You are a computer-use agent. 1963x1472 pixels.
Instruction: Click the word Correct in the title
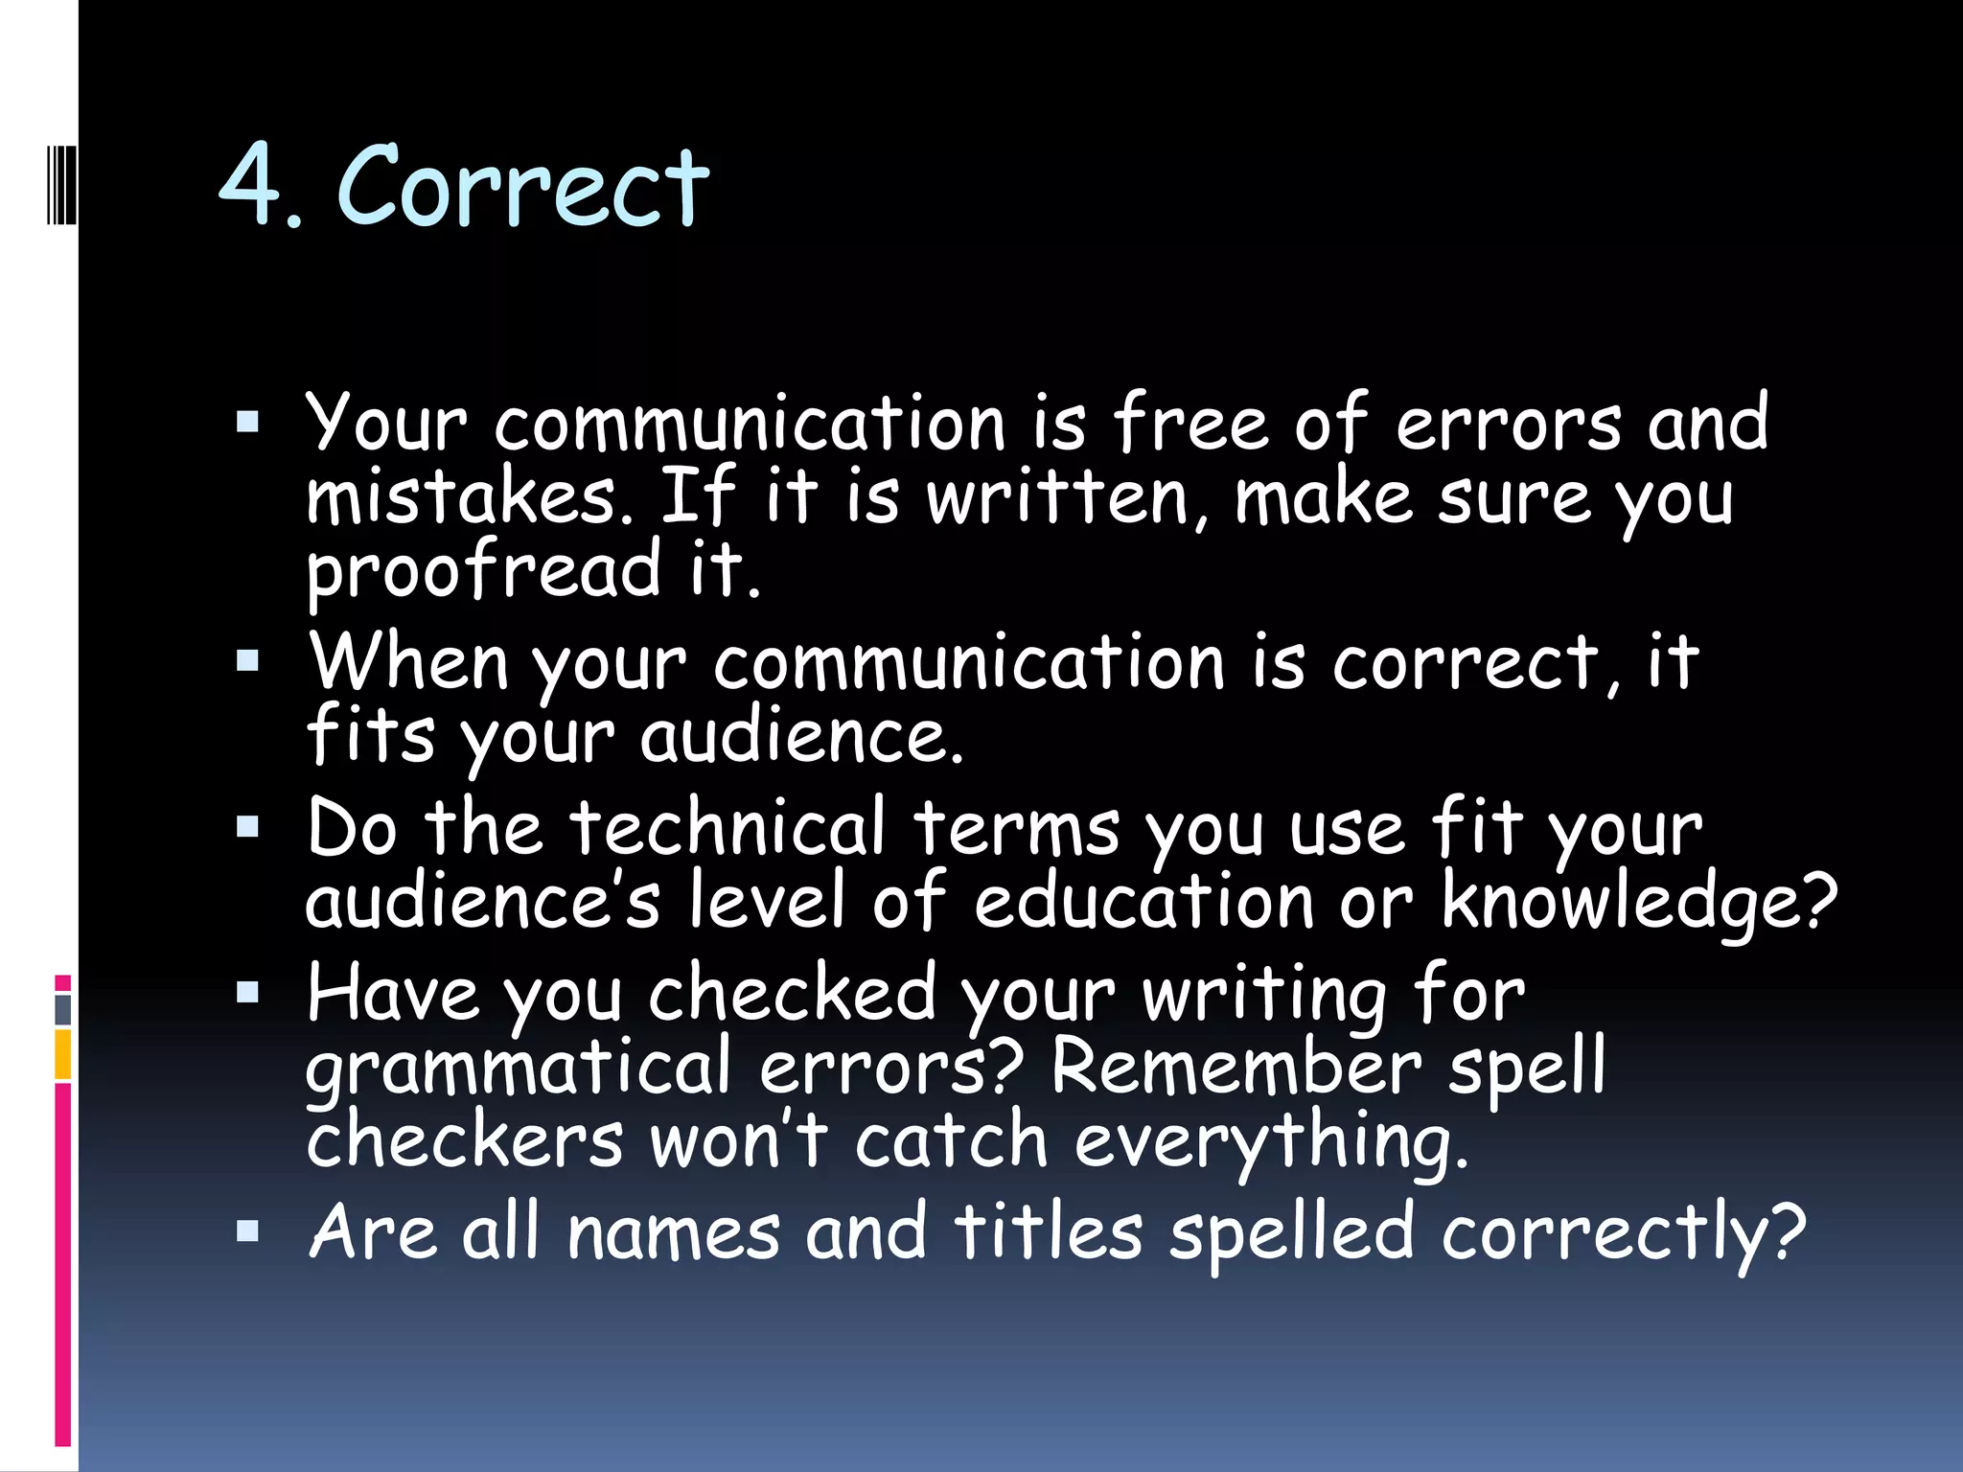523,186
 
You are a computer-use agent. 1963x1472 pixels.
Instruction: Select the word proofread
484,571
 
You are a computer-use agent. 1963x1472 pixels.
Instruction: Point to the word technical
727,828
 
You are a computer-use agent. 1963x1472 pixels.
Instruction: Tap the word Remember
1236,1068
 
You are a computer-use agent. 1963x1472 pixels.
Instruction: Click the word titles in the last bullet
1049,1232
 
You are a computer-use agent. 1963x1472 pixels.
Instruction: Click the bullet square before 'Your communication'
247,423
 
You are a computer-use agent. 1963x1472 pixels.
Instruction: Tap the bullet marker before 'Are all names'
247,1230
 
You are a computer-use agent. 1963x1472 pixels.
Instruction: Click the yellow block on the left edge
63,1054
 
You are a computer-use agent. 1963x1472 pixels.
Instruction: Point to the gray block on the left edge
63,1010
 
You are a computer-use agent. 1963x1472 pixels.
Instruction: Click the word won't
738,1140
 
